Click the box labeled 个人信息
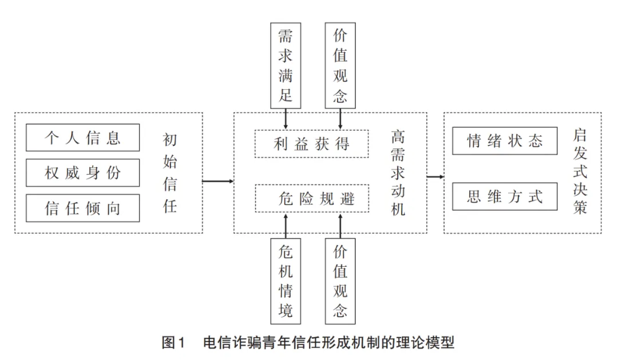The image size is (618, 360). point(83,138)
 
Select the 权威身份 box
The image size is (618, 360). point(83,173)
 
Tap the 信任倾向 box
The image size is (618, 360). point(83,208)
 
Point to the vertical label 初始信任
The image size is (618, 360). point(170,173)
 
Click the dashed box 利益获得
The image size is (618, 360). point(311,144)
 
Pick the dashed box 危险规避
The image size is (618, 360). point(311,198)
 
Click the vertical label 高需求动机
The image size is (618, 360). point(398,173)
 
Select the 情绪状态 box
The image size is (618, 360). point(505,141)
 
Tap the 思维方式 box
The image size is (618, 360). point(505,197)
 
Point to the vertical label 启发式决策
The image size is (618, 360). point(580,173)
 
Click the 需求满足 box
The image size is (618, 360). point(286,65)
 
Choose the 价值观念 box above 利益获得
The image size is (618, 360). point(340,65)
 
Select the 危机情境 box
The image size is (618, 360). point(285,280)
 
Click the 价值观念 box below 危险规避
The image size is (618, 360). point(340,280)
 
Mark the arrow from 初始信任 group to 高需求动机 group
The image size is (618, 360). point(218,182)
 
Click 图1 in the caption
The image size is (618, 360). point(175,343)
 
